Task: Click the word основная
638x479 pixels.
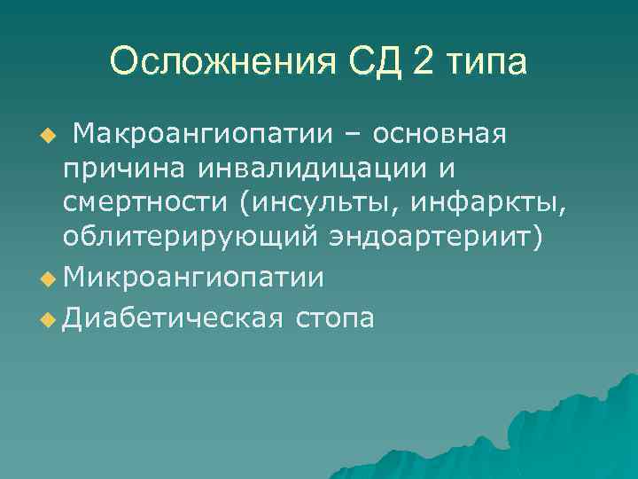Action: pyautogui.click(x=440, y=135)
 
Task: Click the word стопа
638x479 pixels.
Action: pyautogui.click(x=338, y=317)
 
